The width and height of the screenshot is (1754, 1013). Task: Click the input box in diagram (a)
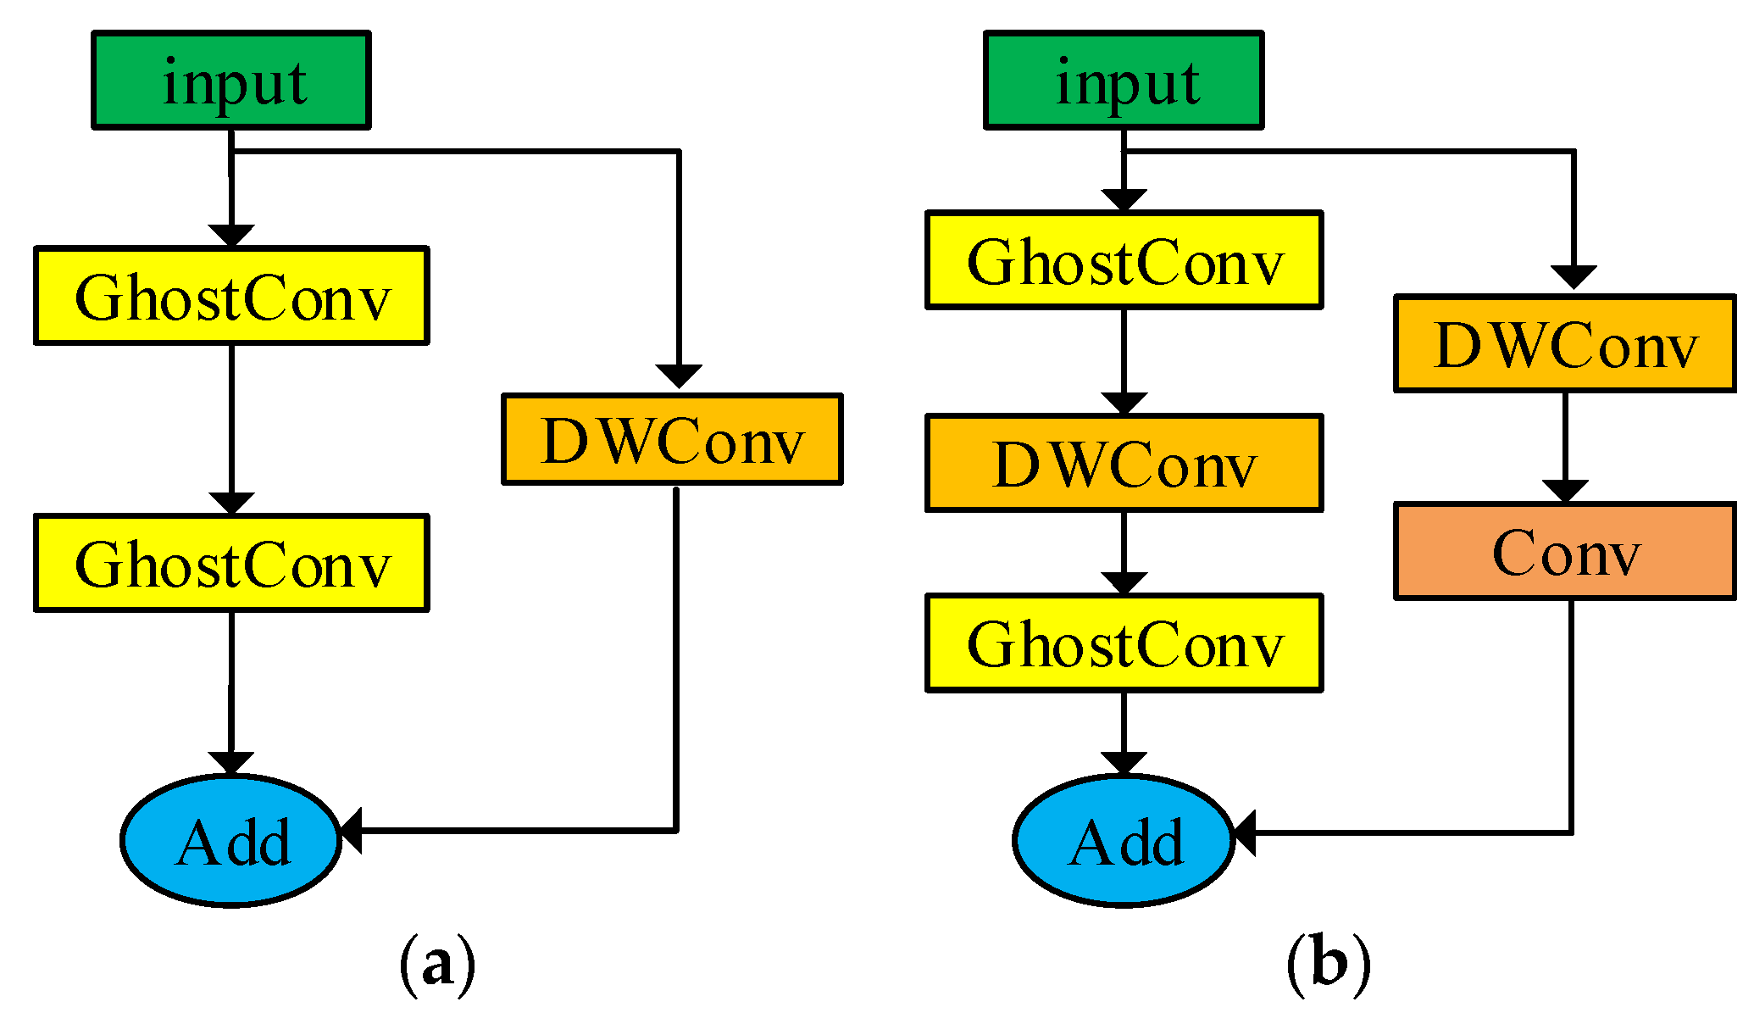[x=230, y=81]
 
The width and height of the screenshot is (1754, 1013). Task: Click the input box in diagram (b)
[x=1124, y=81]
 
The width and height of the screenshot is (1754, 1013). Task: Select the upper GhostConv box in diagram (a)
[x=231, y=296]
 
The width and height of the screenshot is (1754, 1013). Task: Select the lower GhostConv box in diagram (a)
[x=231, y=563]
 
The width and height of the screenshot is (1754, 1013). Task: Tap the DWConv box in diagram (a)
[x=672, y=439]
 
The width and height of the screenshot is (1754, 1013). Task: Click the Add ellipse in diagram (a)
[x=231, y=841]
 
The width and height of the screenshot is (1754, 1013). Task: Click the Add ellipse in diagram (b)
[x=1124, y=841]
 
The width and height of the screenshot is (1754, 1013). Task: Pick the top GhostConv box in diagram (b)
[x=1124, y=260]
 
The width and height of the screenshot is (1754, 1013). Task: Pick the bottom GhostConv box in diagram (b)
[x=1124, y=643]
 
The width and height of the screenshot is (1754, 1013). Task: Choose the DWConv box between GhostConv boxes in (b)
[x=1124, y=463]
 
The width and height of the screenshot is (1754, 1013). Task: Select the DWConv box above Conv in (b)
[x=1564, y=343]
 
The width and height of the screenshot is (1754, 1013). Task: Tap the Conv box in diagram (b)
[x=1564, y=552]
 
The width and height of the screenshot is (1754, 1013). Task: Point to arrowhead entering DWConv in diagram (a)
[x=679, y=376]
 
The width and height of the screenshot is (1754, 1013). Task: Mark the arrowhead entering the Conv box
[x=1564, y=491]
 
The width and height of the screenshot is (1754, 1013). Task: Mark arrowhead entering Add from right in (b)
[x=1244, y=832]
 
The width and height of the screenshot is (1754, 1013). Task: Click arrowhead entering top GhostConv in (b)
[x=1124, y=199]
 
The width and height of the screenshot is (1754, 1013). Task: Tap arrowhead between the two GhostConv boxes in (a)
[x=231, y=503]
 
